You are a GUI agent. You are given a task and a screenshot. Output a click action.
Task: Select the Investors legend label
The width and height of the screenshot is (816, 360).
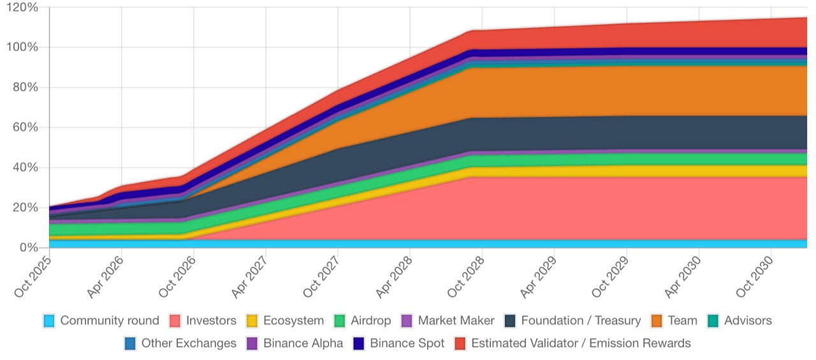pos(211,320)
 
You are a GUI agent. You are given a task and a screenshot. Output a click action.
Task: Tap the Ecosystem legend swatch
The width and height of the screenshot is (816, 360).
pos(252,320)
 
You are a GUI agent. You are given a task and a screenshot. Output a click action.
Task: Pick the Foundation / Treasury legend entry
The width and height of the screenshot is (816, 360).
pos(571,320)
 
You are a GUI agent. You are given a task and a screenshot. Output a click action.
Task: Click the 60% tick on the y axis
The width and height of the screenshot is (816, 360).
pos(26,127)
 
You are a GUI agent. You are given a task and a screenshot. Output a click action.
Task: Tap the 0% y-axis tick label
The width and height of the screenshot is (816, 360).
pos(29,247)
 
